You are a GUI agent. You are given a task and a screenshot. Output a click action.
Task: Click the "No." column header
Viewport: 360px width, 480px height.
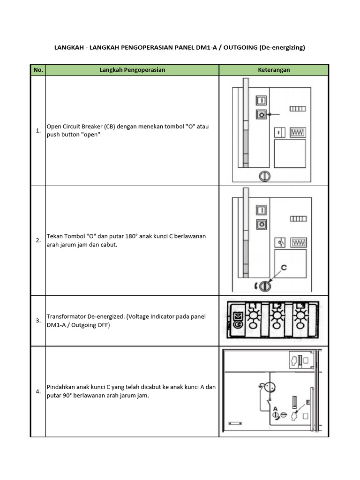(38, 70)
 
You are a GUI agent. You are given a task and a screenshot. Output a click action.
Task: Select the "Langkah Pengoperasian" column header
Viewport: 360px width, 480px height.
(132, 70)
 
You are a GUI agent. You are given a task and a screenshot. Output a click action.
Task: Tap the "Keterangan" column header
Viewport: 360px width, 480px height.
(274, 70)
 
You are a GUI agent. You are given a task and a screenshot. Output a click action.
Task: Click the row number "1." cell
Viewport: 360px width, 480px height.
(38, 131)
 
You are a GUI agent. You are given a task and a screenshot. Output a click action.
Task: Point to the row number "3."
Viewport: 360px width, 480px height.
(38, 321)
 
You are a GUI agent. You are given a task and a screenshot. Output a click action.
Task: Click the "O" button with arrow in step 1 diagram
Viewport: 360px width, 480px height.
(262, 114)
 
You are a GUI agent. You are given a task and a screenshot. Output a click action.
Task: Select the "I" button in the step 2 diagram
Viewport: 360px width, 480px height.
(262, 210)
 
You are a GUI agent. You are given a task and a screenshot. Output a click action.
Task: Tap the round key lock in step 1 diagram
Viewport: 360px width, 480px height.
(265, 176)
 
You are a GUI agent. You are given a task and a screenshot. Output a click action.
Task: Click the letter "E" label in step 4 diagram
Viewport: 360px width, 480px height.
(307, 402)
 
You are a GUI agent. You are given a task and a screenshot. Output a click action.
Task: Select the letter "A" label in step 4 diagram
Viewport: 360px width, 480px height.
(276, 408)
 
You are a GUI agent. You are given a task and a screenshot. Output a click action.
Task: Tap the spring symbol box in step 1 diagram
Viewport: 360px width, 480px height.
(297, 132)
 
